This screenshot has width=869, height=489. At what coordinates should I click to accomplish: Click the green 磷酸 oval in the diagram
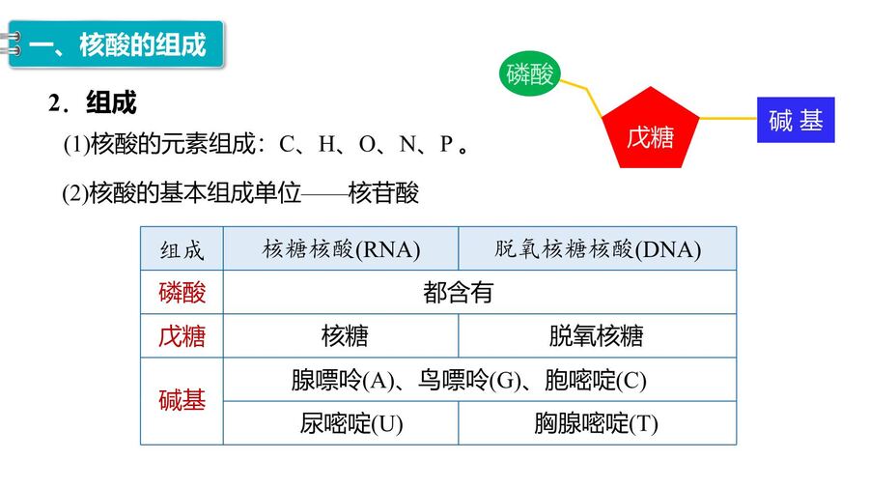[530, 73]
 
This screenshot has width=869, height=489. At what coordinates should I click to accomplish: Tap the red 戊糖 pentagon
[650, 129]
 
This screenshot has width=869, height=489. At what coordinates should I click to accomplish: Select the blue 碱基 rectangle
[796, 120]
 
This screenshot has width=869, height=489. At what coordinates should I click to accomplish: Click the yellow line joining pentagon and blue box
[728, 118]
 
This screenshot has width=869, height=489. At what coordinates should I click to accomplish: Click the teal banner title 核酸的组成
[143, 44]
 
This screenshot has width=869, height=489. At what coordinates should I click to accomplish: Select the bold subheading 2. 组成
[92, 102]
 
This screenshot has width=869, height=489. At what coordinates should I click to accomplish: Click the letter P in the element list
[446, 144]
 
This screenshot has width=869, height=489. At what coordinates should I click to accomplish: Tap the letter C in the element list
[287, 144]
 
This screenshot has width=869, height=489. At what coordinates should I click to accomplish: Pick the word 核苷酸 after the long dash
[383, 193]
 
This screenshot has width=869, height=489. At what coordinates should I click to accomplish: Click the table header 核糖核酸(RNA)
[341, 249]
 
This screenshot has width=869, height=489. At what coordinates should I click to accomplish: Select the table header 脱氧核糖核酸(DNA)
[598, 249]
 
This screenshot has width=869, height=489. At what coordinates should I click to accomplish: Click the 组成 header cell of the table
[182, 249]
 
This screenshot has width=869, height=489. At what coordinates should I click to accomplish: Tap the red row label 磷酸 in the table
[182, 292]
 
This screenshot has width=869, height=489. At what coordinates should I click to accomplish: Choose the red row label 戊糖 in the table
[182, 336]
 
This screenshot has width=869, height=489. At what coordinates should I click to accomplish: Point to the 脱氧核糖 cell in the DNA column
[598, 336]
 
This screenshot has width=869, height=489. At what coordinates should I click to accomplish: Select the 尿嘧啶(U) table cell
[341, 423]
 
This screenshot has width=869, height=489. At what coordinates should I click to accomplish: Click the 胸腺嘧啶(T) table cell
[598, 423]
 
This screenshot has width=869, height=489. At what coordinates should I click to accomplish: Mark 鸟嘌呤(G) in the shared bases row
[469, 380]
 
